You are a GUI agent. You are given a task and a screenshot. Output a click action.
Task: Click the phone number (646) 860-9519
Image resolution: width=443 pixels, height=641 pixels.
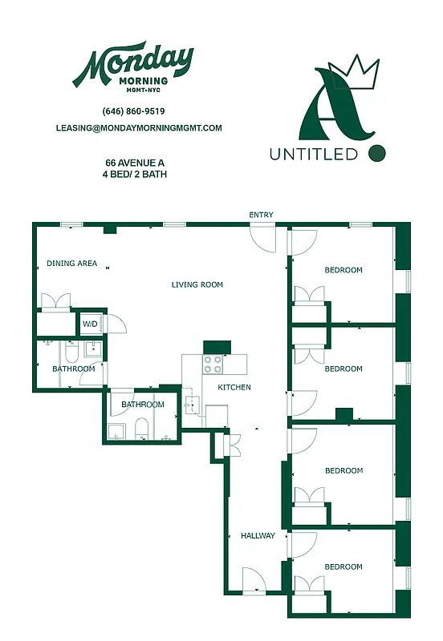click(x=133, y=111)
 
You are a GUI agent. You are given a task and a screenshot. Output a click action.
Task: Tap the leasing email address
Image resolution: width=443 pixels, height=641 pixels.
click(x=139, y=127)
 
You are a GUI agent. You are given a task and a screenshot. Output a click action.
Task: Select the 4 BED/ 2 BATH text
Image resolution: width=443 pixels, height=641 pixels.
click(x=134, y=174)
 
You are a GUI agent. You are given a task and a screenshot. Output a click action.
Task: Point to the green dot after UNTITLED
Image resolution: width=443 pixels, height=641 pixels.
click(x=376, y=151)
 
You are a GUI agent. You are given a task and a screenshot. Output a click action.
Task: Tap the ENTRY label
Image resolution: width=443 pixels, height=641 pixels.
click(x=261, y=215)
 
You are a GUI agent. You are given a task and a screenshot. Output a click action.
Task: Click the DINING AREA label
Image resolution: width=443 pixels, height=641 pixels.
click(x=71, y=263)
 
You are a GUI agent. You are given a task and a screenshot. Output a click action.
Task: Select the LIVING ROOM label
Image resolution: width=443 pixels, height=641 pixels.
click(x=197, y=284)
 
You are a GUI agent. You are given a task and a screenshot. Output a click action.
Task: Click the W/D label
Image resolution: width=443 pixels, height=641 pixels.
click(x=90, y=325)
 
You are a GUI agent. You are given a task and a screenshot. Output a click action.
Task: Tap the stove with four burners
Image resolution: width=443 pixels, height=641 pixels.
click(x=213, y=365)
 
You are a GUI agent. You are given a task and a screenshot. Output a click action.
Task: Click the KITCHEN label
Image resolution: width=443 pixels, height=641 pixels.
click(x=234, y=387)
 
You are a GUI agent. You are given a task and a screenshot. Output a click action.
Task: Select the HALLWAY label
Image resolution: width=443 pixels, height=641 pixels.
click(x=258, y=536)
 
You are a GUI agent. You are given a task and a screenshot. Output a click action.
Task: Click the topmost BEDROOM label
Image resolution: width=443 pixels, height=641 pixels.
click(x=343, y=270)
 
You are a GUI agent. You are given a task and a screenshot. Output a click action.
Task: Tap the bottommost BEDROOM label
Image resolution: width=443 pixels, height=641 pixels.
click(x=343, y=566)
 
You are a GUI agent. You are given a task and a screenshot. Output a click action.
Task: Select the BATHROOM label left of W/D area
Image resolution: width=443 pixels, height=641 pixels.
click(x=74, y=369)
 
